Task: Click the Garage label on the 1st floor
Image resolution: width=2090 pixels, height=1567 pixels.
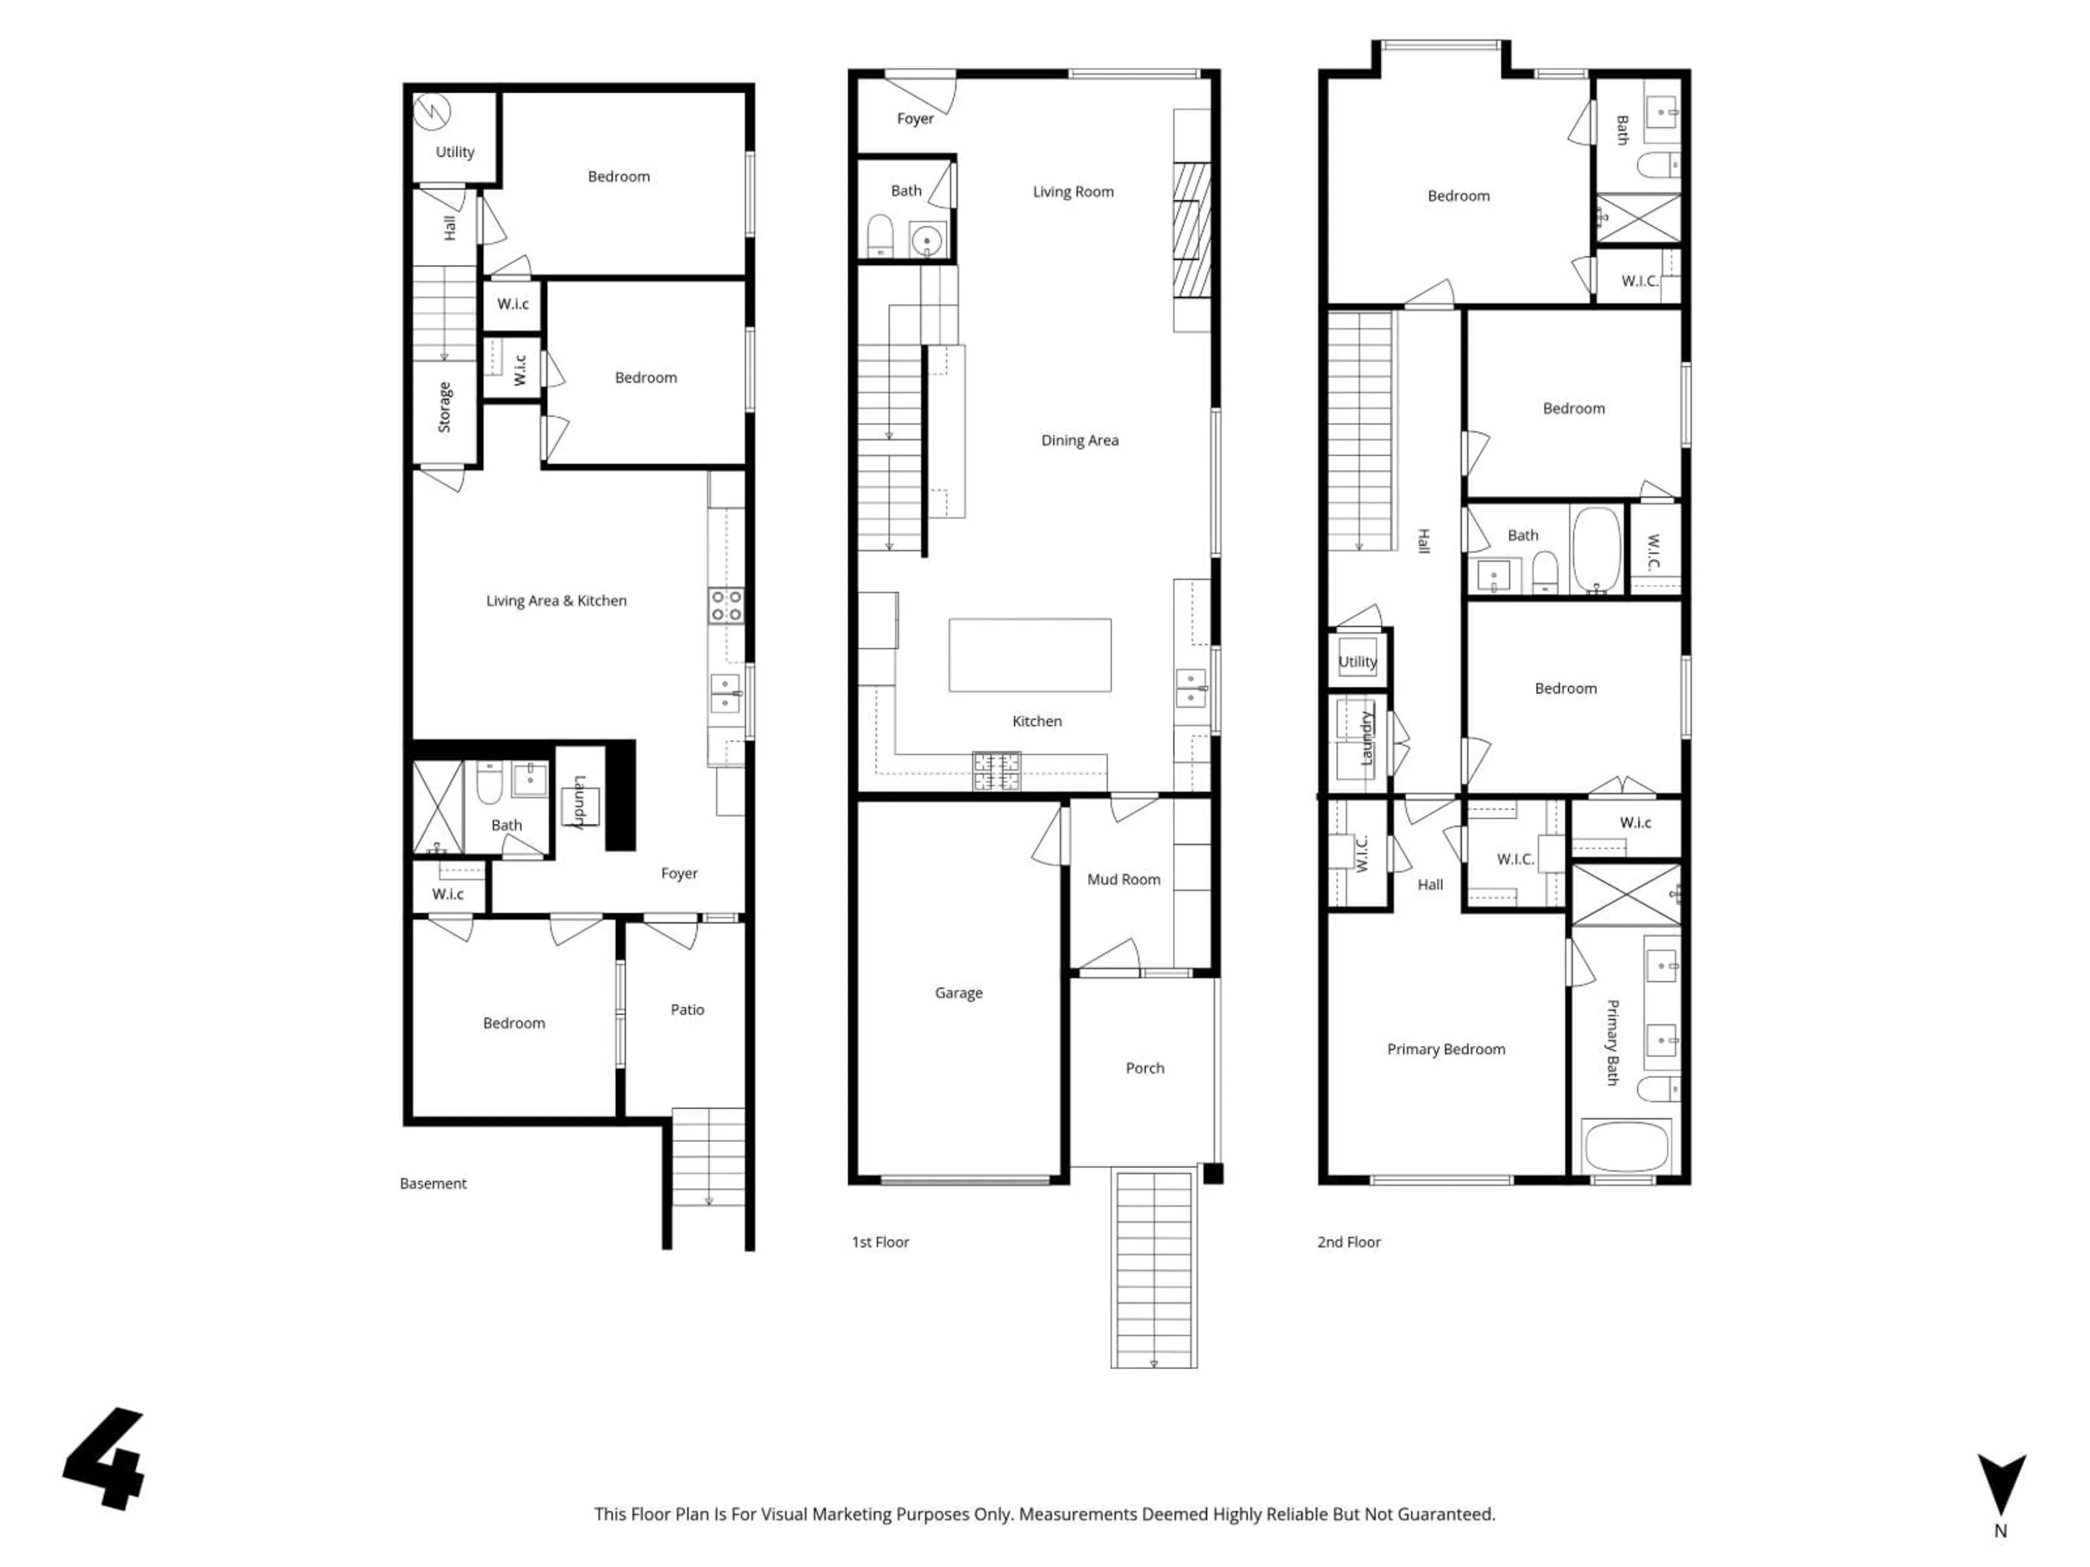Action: pyautogui.click(x=958, y=993)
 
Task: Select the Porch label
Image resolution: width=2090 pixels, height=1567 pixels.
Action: pyautogui.click(x=1144, y=1068)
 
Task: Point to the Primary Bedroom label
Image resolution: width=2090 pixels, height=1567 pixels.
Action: pyautogui.click(x=1446, y=1050)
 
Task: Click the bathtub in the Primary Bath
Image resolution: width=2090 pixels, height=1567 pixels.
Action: pyautogui.click(x=1627, y=1146)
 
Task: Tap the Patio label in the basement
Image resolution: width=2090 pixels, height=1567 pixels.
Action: pyautogui.click(x=687, y=1010)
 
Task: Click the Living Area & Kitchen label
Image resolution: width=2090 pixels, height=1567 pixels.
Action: pyautogui.click(x=556, y=601)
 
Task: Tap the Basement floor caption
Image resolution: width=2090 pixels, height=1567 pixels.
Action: pyautogui.click(x=433, y=1183)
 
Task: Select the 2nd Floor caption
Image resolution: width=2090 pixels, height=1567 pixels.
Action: pyautogui.click(x=1348, y=1242)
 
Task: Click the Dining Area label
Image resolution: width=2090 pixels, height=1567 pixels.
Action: pyautogui.click(x=1079, y=440)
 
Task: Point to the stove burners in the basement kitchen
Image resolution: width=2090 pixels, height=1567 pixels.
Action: pyautogui.click(x=726, y=606)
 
